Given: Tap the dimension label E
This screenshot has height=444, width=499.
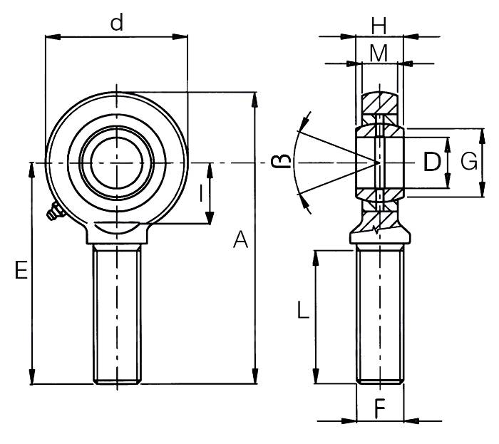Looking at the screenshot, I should click(21, 270).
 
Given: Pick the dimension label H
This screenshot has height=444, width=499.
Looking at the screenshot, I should click(379, 26).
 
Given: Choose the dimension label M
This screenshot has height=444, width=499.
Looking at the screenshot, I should click(379, 52).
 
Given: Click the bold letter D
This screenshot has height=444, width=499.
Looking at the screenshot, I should click(431, 162).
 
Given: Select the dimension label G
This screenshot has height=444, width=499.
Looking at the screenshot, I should click(468, 162).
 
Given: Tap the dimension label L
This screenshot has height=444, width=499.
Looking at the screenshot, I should click(303, 310).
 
